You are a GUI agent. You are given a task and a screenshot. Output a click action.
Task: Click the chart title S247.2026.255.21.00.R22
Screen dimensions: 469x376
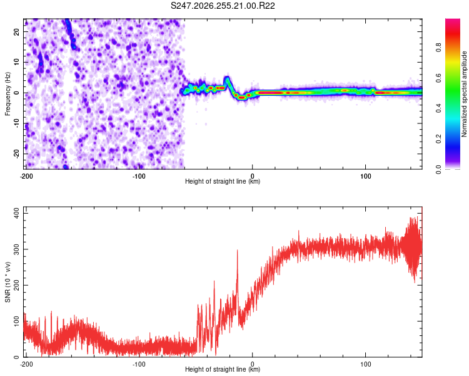click(223, 6)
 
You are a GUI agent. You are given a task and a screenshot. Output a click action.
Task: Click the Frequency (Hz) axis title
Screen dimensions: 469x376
click(8, 94)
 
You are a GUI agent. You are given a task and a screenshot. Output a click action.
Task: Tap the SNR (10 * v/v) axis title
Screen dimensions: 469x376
click(8, 282)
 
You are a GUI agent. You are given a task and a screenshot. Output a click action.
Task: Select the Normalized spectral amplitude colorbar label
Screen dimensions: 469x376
click(464, 94)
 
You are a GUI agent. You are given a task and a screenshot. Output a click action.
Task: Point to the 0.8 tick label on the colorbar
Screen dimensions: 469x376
click(438, 48)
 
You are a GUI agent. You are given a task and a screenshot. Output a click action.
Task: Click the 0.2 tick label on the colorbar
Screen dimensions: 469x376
click(438, 139)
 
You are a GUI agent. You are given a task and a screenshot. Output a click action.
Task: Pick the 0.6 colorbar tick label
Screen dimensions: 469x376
click(438, 78)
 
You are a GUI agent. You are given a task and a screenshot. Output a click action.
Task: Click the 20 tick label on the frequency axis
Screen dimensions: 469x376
click(17, 32)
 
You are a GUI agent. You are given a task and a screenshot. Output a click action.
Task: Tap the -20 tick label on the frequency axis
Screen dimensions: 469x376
click(17, 154)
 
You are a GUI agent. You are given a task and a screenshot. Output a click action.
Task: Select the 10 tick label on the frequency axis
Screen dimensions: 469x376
click(17, 62)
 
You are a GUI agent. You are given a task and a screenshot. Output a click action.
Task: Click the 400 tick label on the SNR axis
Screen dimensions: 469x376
click(17, 214)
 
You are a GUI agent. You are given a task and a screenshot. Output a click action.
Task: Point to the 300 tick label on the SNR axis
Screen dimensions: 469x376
click(17, 249)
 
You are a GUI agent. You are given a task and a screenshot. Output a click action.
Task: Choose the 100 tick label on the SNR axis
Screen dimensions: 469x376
click(17, 321)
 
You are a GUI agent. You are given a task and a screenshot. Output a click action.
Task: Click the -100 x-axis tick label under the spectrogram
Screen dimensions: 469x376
click(139, 176)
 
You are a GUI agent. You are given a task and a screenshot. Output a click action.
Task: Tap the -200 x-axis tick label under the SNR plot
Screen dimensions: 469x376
click(26, 364)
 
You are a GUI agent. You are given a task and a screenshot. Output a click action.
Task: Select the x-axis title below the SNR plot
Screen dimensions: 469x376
click(223, 369)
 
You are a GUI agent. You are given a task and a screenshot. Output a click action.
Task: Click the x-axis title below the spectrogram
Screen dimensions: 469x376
click(223, 181)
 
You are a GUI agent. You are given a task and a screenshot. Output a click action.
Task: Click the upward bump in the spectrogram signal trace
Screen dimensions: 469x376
click(228, 81)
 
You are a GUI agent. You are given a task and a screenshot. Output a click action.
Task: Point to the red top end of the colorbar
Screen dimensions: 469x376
click(453, 21)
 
